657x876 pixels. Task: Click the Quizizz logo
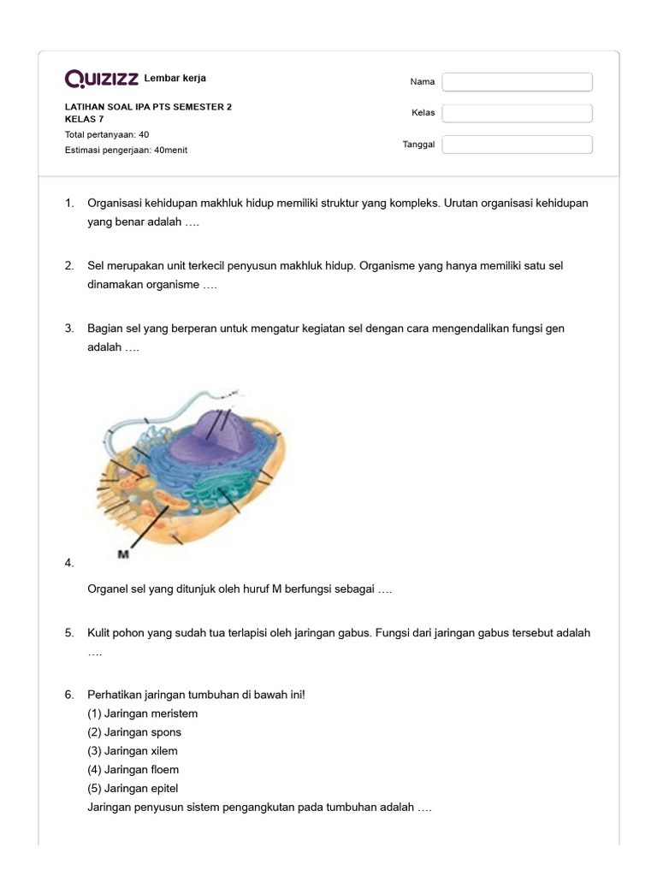[x=102, y=80]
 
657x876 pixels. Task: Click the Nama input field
[x=517, y=82]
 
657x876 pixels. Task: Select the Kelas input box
[x=517, y=113]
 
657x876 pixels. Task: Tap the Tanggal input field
[x=517, y=145]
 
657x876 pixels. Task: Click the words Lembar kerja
[x=175, y=79]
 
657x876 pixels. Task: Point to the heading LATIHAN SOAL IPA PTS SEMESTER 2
[x=148, y=107]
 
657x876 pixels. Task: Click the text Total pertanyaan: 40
[x=107, y=134]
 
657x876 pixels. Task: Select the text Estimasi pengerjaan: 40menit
[x=126, y=150]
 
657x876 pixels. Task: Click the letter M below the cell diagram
[x=123, y=554]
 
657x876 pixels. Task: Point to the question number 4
[x=68, y=562]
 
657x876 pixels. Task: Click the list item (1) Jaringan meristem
[x=142, y=713]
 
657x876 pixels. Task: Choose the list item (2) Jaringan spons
[x=134, y=732]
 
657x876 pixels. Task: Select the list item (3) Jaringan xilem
[x=133, y=751]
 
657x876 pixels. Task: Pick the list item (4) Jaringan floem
[x=133, y=770]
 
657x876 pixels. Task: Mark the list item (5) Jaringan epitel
[x=133, y=789]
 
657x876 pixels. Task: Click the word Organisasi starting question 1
[x=115, y=204]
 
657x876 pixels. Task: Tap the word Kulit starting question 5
[x=99, y=633]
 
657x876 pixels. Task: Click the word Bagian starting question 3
[x=104, y=328]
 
